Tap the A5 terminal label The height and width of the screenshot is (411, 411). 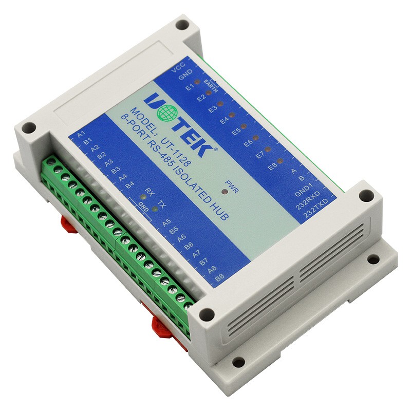(x=166, y=223)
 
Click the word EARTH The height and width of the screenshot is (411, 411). (x=210, y=85)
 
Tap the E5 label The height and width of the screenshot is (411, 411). (x=235, y=132)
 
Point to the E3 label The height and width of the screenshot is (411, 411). (x=212, y=109)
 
